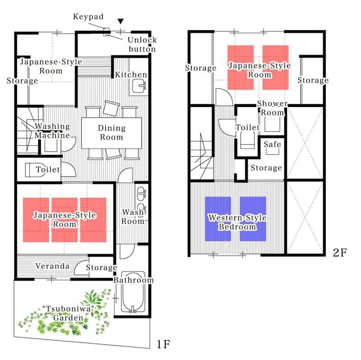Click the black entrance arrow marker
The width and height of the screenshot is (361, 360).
tap(121, 21)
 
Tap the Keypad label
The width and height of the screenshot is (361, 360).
tap(88, 17)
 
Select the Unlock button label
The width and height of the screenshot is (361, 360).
tap(142, 44)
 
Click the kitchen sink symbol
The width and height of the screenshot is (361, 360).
tap(139, 86)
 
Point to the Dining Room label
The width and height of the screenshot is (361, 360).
tap(112, 133)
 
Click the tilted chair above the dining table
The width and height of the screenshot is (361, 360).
tap(112, 108)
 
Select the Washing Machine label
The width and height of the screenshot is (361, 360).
tap(52, 131)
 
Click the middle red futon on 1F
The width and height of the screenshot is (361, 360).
tap(64, 220)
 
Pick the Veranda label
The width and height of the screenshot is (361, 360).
tap(52, 266)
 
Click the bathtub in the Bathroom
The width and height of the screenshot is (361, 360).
tap(133, 292)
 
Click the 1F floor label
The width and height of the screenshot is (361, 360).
tap(163, 344)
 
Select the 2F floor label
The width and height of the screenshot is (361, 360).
tap(340, 253)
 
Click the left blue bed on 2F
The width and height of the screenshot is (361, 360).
tap(218, 219)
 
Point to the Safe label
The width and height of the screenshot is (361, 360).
tap(272, 145)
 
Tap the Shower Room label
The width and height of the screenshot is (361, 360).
tap(272, 108)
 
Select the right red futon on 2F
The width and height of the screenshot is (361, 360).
tap(275, 67)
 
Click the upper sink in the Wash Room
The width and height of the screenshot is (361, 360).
tap(141, 193)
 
